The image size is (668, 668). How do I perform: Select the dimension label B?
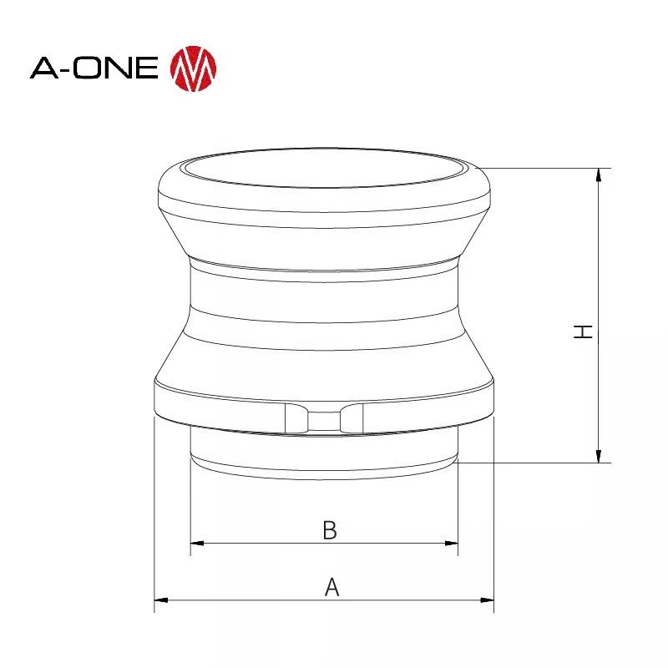pyautogui.click(x=330, y=530)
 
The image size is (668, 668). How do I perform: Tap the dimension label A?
pyautogui.click(x=331, y=587)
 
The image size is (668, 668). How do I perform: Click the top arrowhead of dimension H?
pyautogui.click(x=599, y=174)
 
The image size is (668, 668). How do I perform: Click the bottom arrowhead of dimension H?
pyautogui.click(x=599, y=456)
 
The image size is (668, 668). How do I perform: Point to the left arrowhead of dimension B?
pyautogui.click(x=196, y=544)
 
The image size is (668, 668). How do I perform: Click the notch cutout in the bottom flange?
pyautogui.click(x=325, y=417)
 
